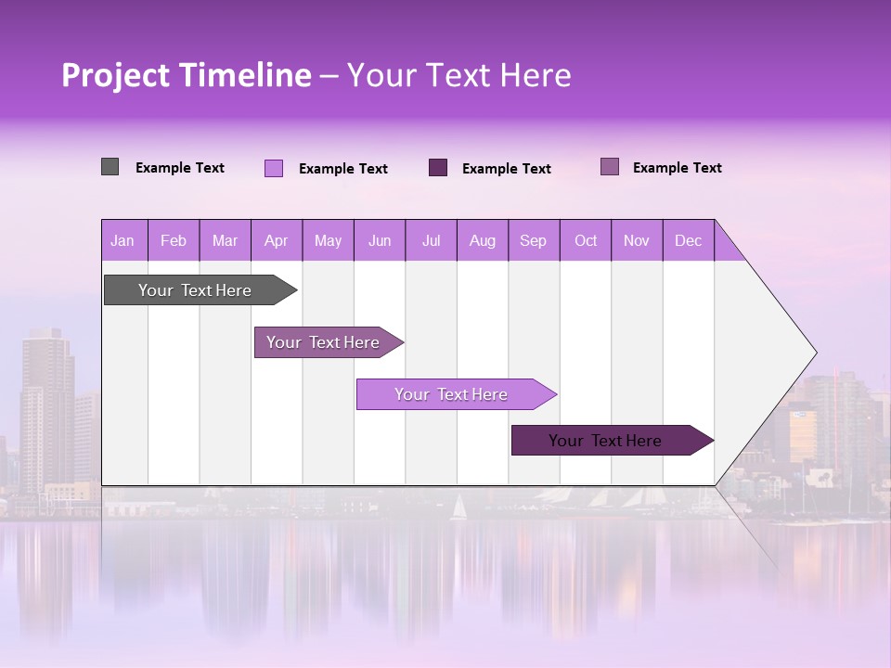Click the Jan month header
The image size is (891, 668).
123,241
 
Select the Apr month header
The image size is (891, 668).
277,241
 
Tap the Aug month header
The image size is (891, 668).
483,241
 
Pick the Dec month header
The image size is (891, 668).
689,241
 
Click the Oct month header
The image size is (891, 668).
586,241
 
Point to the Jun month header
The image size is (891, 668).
380,241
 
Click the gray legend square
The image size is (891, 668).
110,167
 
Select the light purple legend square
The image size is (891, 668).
274,168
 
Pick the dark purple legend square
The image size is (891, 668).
438,168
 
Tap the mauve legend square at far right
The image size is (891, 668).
610,167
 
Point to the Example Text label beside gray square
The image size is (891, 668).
180,168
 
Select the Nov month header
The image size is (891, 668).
637,241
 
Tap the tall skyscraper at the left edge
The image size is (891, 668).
46,408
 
